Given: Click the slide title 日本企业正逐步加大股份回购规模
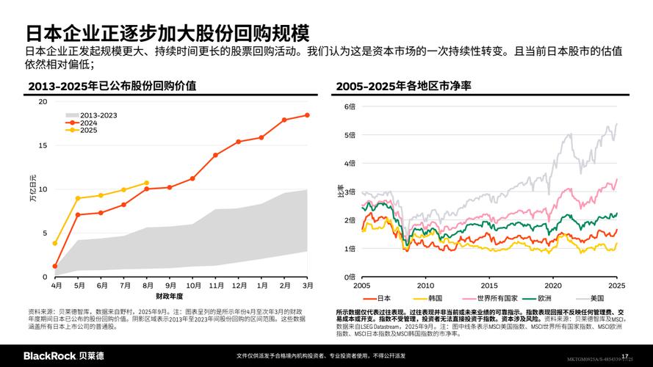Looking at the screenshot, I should click(x=168, y=33).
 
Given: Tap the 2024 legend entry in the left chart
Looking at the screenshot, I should click(x=88, y=123).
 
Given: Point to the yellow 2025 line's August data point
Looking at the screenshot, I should click(x=146, y=183).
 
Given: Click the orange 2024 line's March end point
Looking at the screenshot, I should click(x=307, y=115).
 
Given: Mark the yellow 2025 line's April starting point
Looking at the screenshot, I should click(x=55, y=243).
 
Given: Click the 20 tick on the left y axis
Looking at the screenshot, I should click(x=43, y=102).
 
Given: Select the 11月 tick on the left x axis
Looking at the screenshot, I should click(x=215, y=285).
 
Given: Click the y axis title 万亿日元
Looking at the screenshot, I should click(x=32, y=189).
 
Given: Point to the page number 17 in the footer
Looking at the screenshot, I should click(x=625, y=356).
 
